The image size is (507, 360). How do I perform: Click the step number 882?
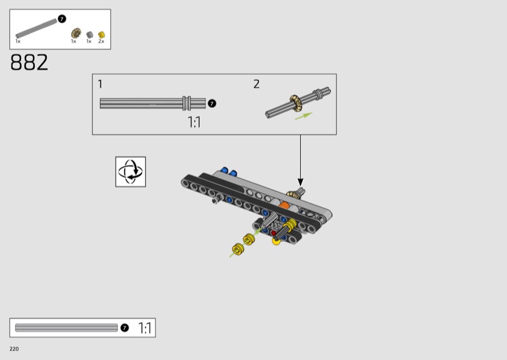pos(29,62)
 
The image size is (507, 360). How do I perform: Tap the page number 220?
pos(14,349)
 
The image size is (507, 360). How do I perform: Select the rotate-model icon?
pos(131,172)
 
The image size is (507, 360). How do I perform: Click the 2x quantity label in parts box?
pos(101,41)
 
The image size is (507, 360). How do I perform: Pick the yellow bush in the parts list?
pos(101,35)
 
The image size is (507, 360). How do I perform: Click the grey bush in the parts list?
pos(89,35)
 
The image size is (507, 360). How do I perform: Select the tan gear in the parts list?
pos(76,33)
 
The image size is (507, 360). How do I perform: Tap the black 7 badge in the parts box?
pos(61,19)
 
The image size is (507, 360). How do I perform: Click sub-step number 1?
pos(100,84)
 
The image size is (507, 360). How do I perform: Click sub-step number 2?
pos(257,84)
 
